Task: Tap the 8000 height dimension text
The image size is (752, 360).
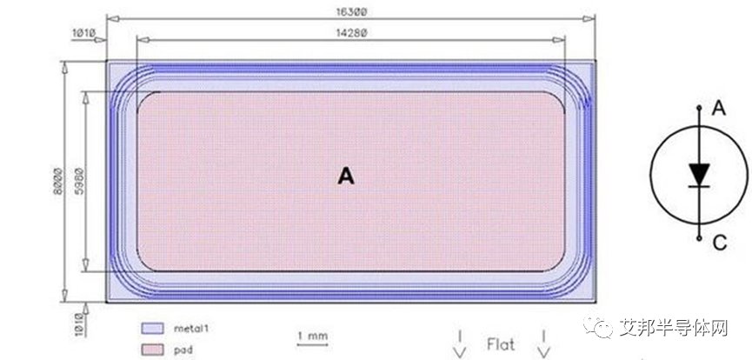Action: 57,181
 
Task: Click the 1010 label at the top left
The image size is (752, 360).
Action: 84,33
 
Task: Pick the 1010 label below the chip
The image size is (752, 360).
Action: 80,324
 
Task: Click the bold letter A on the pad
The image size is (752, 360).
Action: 346,177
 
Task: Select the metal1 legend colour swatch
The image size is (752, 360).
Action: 152,329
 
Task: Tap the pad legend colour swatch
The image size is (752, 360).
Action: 152,350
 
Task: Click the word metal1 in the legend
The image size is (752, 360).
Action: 192,329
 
